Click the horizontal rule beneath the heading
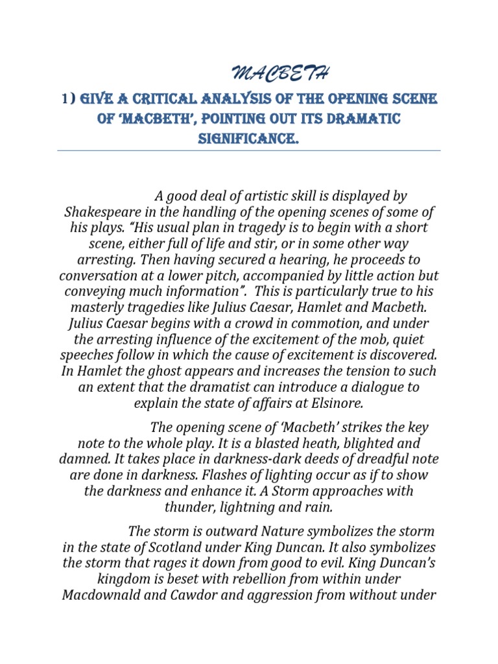(x=249, y=150)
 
